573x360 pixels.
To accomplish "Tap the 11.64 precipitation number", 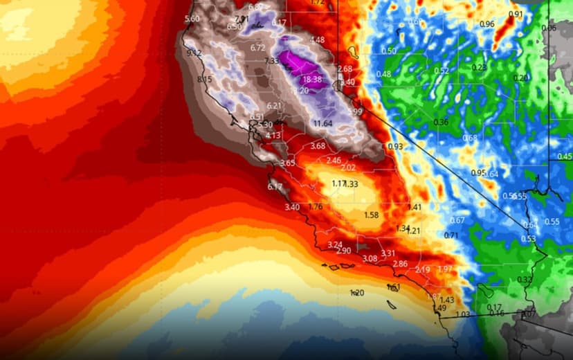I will [x=322, y=123].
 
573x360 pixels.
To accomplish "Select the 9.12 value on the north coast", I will [x=194, y=53].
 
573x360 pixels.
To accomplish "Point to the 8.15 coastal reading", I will [x=205, y=80].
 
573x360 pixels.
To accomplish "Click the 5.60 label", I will [x=192, y=19].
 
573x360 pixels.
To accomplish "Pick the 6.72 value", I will [x=258, y=48].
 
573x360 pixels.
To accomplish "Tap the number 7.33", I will [x=271, y=61].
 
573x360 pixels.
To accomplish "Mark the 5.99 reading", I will [x=355, y=111].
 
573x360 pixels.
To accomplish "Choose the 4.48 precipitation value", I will [x=317, y=39].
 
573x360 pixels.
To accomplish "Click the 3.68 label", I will [x=318, y=146].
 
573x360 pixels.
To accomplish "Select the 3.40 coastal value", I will [x=292, y=207].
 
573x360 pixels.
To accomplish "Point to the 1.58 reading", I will [x=371, y=215].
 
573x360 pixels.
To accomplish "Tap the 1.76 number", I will [x=316, y=206].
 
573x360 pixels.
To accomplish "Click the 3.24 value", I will [x=335, y=244].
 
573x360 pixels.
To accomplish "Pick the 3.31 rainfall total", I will [x=388, y=253].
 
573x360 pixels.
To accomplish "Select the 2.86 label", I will [x=400, y=264].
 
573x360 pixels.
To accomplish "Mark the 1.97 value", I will [x=445, y=269].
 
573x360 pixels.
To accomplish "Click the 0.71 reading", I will [x=451, y=235].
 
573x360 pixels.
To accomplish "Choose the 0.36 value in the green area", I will [x=440, y=123].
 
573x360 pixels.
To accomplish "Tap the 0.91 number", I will [x=516, y=15].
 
